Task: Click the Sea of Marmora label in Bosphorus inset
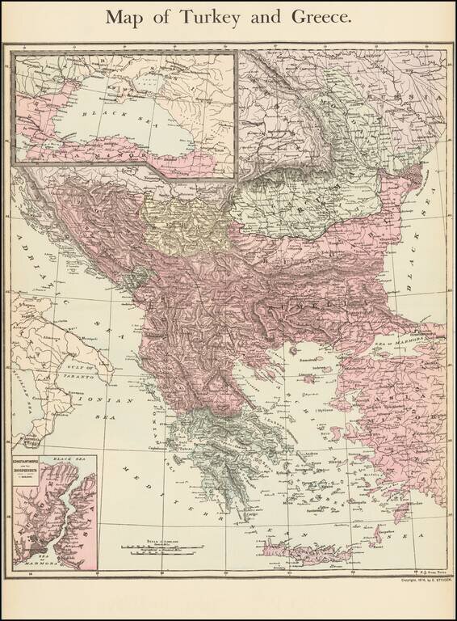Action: pos(32,558)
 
